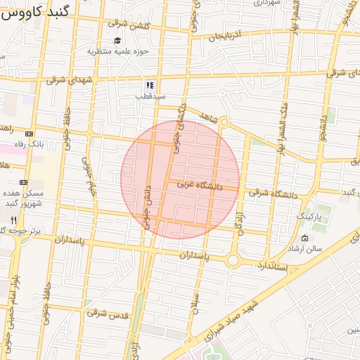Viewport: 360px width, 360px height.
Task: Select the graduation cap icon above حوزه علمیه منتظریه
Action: [x=117, y=41]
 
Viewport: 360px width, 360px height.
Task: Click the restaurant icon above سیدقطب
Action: [x=149, y=84]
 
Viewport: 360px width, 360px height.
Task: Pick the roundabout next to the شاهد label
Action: [x=224, y=123]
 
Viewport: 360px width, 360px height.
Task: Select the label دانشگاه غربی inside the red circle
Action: [x=199, y=186]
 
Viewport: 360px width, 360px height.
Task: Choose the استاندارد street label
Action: [x=270, y=265]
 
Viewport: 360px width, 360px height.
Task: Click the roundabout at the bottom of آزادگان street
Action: [x=233, y=261]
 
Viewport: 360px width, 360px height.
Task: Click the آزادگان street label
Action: [x=240, y=222]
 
